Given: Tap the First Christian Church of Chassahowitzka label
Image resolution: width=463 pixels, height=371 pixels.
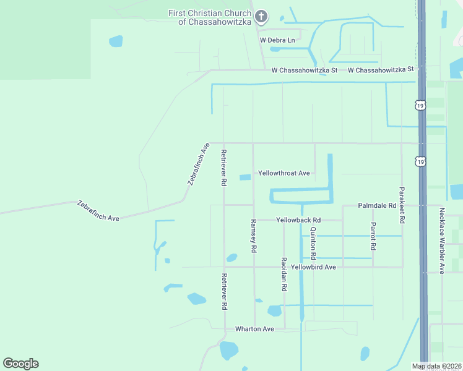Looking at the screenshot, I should coord(210,17).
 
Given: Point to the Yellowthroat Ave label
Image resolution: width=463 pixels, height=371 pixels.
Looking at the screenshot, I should coord(283,173).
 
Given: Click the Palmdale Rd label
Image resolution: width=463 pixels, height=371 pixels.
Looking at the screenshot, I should coord(376,205).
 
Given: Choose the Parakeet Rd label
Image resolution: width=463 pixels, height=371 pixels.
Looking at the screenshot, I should coord(402,205).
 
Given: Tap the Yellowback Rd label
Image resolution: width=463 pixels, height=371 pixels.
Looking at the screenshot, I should coord(298,220).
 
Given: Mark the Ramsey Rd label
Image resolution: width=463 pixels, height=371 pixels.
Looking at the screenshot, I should coord(253,236).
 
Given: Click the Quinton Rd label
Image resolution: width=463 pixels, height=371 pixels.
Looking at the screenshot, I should coord(313,243).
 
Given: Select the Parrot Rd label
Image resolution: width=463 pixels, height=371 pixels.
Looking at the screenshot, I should coord(373,236).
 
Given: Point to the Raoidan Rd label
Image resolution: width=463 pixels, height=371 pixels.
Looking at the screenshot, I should coord(283,274).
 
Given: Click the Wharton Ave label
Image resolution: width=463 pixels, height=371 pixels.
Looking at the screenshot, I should coord(254,329).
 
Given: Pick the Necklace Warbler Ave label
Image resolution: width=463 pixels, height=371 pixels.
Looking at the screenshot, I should coord(442,241).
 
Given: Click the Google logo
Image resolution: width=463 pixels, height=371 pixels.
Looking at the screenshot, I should coord(20,364).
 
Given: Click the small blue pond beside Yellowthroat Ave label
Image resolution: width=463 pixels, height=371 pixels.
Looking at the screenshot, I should coord(245,177).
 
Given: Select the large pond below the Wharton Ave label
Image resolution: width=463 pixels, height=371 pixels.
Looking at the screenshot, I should coord(228,351).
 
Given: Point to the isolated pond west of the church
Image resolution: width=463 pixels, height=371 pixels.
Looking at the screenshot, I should coord(116,41).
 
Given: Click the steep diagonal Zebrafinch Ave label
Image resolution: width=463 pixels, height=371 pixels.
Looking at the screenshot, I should coord(199,164).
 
